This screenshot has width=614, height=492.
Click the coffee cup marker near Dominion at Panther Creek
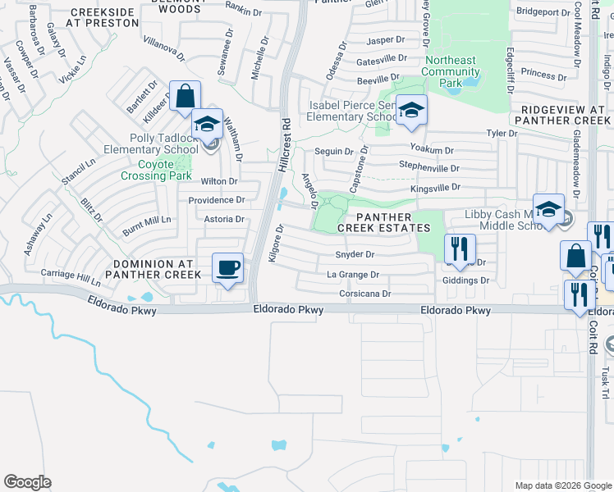(x=227, y=266)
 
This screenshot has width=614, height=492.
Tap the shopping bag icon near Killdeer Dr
(x=185, y=95)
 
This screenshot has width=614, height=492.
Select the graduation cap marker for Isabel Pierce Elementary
(x=411, y=109)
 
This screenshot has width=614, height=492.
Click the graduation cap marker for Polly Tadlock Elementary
(x=208, y=124)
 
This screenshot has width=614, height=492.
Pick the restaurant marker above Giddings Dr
(x=460, y=248)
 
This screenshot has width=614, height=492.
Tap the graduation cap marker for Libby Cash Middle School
(x=548, y=209)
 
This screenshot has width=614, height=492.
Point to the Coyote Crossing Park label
(x=156, y=170)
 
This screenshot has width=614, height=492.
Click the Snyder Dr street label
(x=355, y=254)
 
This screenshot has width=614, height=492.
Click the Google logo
(x=27, y=482)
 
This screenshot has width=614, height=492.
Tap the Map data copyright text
(x=562, y=485)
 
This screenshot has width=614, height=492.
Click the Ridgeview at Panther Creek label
(x=562, y=115)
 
